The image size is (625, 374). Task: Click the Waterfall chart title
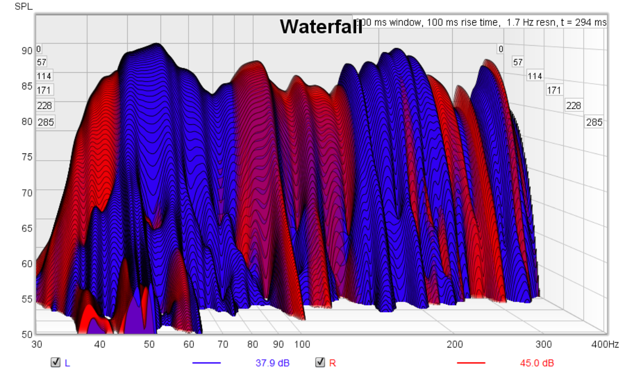coord(321,27)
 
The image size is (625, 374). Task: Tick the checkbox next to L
coord(55,363)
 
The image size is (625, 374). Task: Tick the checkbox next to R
coord(320,363)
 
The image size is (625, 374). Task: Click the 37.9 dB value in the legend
coord(272,363)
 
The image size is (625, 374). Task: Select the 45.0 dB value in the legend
coord(537,363)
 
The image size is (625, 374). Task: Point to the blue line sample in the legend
coord(207,363)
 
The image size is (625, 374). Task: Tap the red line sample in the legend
coord(471,363)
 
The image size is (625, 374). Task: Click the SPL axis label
coord(22,7)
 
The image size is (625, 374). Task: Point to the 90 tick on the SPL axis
coord(27,50)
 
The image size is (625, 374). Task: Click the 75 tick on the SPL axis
coord(27,157)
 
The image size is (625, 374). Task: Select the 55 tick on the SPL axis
coord(27,299)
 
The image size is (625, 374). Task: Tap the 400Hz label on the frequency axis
coord(605,344)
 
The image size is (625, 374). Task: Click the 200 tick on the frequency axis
coord(455,344)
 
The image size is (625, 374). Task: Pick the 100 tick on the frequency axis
coord(302,344)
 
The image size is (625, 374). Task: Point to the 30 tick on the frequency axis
coord(36,344)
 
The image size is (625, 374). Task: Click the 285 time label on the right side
coord(594,123)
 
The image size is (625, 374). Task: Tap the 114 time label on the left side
coord(44,76)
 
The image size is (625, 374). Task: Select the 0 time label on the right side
coord(501,49)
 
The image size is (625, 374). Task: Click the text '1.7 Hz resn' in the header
coord(529,22)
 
